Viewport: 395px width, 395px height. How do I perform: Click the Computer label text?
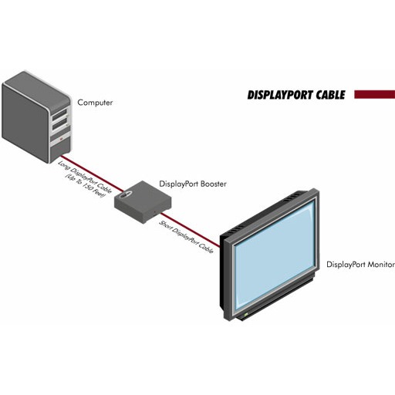click(95, 103)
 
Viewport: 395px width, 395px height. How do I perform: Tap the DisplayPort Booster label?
click(193, 184)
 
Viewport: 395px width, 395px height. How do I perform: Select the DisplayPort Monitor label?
click(360, 265)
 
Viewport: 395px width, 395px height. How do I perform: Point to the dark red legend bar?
click(374, 94)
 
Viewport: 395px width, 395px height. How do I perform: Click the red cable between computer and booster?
click(92, 174)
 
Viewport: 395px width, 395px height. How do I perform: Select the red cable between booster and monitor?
click(191, 230)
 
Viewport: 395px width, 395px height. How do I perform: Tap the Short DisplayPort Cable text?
click(186, 237)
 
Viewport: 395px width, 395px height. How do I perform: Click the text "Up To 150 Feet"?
click(86, 186)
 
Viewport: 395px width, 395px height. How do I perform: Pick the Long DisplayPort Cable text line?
click(85, 177)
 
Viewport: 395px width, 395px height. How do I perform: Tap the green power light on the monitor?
click(246, 315)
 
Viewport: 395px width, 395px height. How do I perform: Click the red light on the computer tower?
click(61, 139)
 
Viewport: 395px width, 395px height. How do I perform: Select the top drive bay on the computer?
click(59, 114)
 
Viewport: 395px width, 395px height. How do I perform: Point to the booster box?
click(143, 201)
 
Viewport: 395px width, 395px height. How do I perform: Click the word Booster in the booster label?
click(214, 184)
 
